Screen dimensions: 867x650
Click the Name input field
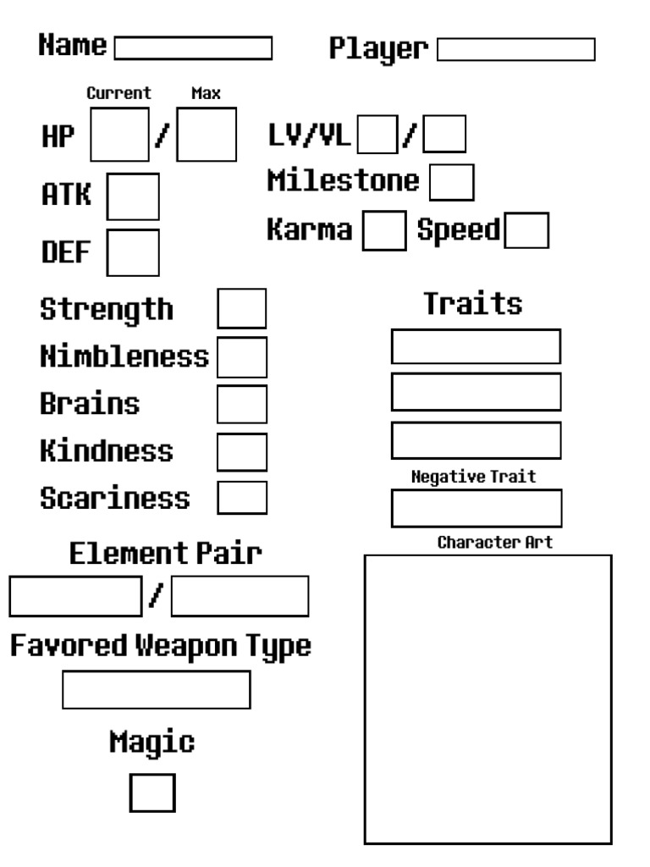[193, 48]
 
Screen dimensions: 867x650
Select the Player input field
[516, 49]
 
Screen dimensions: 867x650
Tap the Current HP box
[119, 135]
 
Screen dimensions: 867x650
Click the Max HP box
[207, 135]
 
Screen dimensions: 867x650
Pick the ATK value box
[133, 196]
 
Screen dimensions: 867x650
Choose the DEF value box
[133, 252]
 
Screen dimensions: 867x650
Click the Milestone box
[451, 182]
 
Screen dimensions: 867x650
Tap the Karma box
[383, 231]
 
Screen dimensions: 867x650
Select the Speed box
[526, 231]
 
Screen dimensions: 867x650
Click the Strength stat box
[242, 308]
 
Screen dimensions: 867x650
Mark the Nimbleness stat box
[242, 356]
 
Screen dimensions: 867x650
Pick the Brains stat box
[242, 404]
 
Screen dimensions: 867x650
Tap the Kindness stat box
[242, 451]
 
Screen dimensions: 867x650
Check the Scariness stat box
[242, 497]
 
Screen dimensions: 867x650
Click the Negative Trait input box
[476, 508]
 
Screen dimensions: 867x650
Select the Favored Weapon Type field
[157, 689]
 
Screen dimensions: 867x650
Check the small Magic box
[152, 792]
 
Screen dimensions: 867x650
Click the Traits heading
[473, 303]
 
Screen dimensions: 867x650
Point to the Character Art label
[495, 543]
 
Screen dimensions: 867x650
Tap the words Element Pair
[165, 555]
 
